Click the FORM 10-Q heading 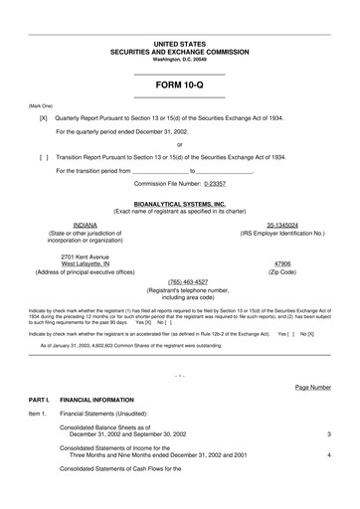click(x=179, y=85)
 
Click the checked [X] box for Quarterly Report click(x=43, y=117)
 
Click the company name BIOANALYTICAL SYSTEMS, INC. click(x=179, y=203)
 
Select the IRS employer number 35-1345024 click(x=282, y=226)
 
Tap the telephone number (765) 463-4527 click(x=180, y=281)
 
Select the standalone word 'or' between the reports click(x=179, y=144)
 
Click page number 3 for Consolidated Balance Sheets click(x=328, y=434)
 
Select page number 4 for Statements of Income click(x=328, y=455)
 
